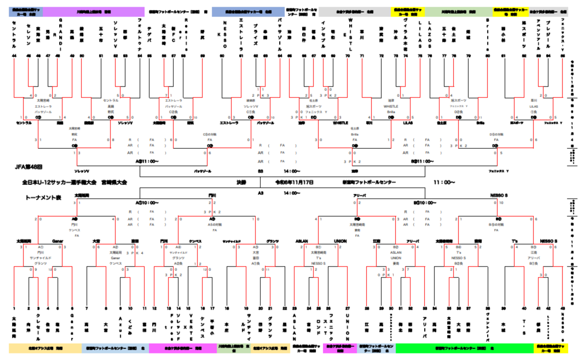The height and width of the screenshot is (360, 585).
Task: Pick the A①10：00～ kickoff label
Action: pos(147,202)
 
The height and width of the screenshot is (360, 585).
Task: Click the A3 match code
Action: pos(260,193)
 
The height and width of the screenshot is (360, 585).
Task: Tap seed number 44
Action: pos(14,56)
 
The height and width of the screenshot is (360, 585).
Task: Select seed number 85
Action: pos(563,56)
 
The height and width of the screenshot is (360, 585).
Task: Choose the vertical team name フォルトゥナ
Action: pos(140,34)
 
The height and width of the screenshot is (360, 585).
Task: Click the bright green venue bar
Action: pos(465,348)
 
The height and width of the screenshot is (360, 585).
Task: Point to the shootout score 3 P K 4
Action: pos(135,253)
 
